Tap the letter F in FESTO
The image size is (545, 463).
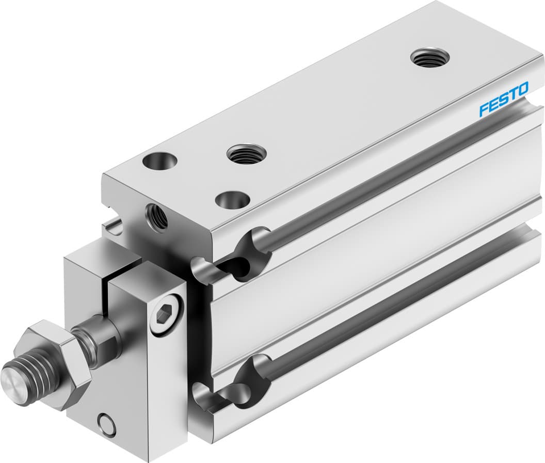(484, 109)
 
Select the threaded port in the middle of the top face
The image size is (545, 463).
(246, 154)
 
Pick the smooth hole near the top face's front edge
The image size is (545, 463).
(231, 200)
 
